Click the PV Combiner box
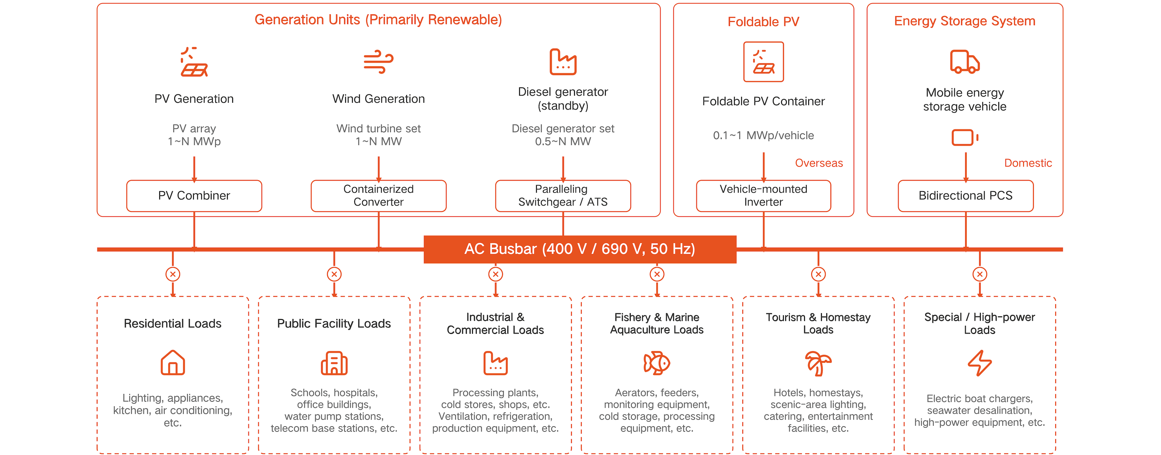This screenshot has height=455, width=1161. coord(194,196)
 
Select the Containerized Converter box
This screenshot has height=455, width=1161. coord(379,196)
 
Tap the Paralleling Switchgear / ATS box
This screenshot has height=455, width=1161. coord(563,196)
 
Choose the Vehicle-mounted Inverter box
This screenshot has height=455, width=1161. coord(763,196)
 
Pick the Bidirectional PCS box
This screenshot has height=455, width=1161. coord(965,196)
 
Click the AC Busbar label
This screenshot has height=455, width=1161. coord(580,249)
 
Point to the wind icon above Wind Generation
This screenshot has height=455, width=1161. coord(379,62)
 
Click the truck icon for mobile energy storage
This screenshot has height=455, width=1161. coord(965,62)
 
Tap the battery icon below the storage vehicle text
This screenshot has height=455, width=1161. coord(965,137)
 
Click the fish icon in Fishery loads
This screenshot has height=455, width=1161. coord(657,363)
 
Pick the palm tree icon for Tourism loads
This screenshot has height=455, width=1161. coord(818,363)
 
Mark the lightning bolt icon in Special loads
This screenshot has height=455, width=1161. coord(980,363)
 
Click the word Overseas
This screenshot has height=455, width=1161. coord(818,163)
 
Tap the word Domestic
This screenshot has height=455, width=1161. coord(1028,163)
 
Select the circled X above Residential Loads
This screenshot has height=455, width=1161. coord(173,274)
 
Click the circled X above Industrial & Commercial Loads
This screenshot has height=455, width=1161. coord(495,274)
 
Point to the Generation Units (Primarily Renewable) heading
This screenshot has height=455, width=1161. coord(378,20)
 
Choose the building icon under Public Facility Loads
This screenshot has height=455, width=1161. coord(334,363)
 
